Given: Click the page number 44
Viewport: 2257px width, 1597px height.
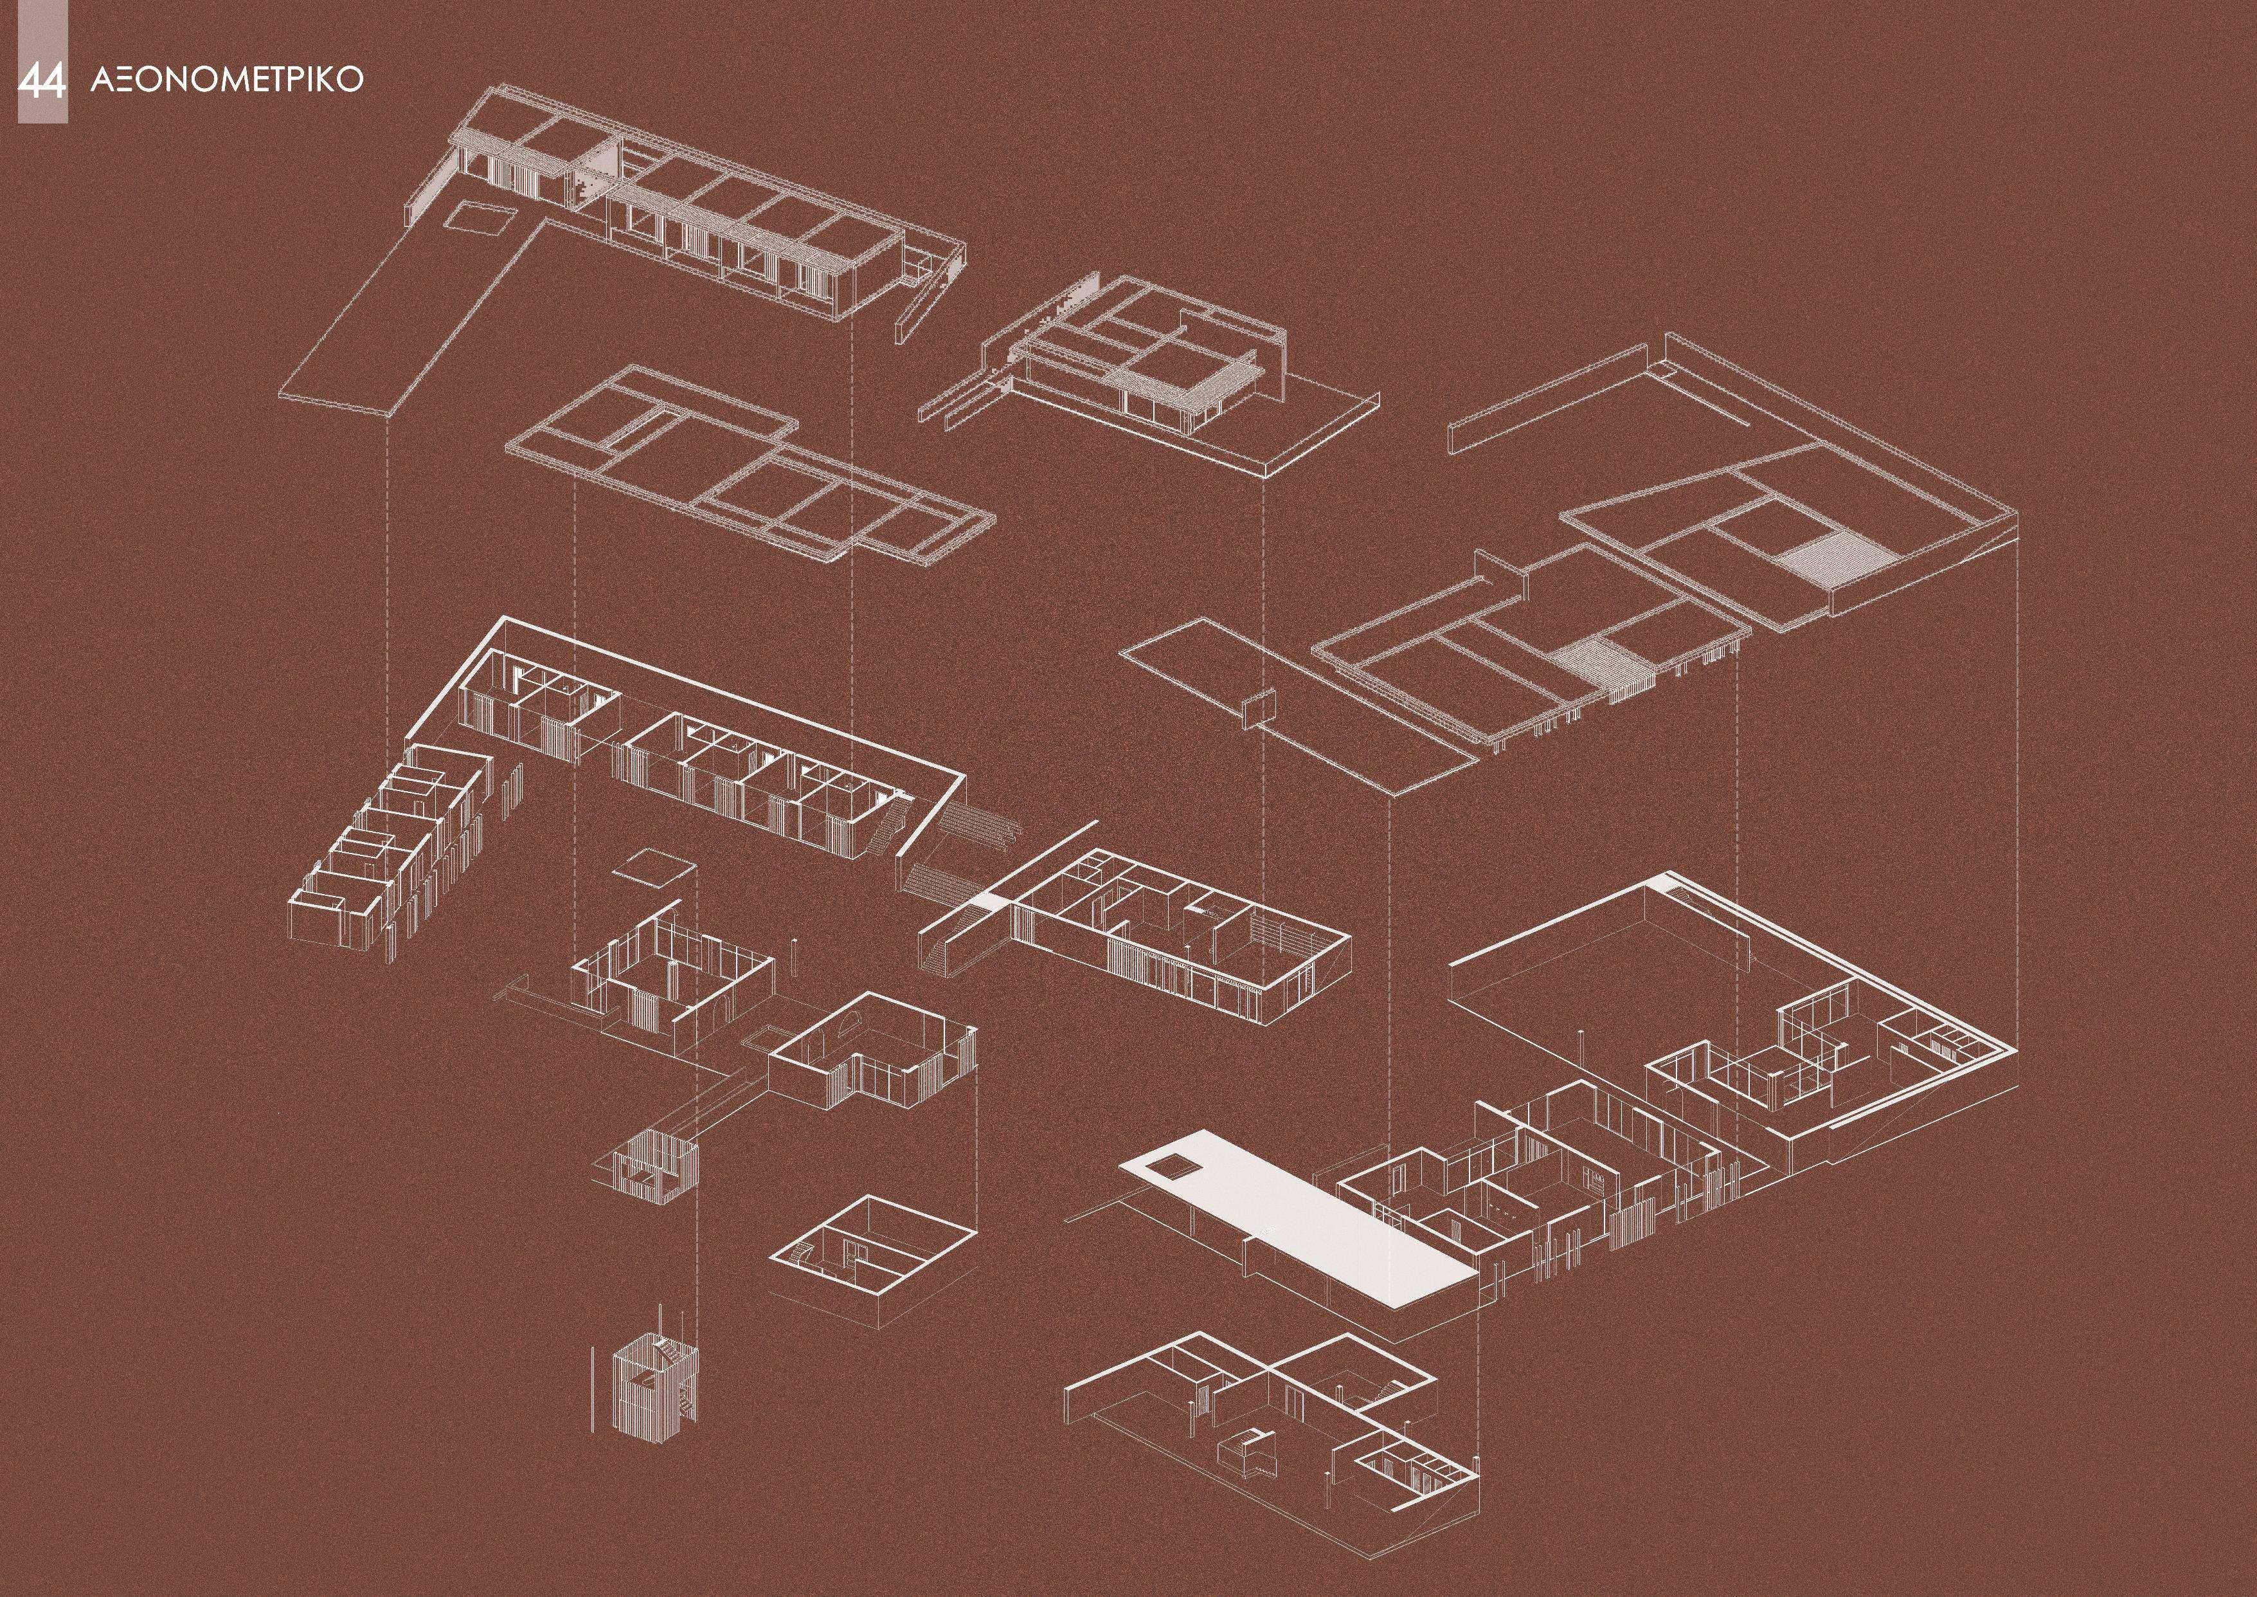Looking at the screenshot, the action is click(x=41, y=80).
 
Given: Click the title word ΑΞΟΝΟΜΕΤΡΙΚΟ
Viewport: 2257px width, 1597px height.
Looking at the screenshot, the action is click(x=227, y=80).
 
